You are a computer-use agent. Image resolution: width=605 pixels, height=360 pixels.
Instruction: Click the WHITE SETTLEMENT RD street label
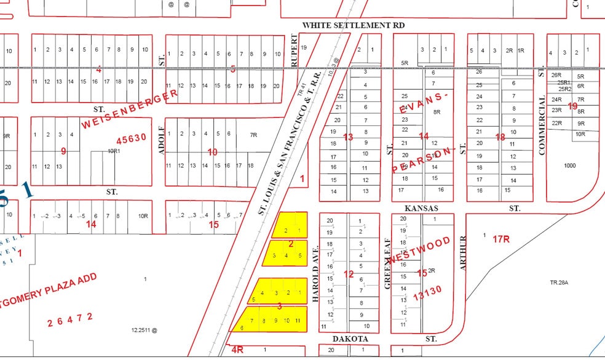click(354, 25)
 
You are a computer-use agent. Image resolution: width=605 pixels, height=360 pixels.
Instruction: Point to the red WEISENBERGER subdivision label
click(130, 109)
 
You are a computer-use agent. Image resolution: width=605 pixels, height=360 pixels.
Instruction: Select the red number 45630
click(129, 138)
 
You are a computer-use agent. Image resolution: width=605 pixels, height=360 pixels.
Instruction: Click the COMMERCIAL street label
click(542, 125)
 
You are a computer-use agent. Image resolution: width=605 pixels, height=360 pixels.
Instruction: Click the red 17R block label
click(502, 238)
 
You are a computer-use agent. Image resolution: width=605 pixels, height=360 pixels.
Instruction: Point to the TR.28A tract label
click(560, 283)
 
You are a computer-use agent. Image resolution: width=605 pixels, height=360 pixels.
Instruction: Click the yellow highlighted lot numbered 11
click(298, 321)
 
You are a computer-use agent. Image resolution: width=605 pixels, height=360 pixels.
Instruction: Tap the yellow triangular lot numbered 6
click(242, 327)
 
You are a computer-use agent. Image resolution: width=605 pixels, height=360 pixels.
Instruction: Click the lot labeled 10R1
click(113, 150)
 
